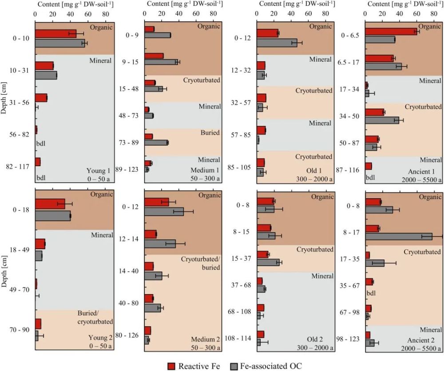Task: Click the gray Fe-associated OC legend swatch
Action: point(235,365)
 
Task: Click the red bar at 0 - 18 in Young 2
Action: point(50,204)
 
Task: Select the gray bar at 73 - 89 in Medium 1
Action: point(156,143)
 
